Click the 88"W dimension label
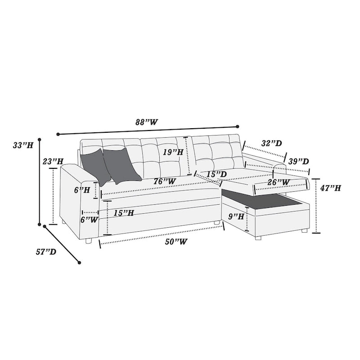pyautogui.click(x=147, y=122)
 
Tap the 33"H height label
pyautogui.click(x=23, y=145)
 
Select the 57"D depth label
pyautogui.click(x=46, y=252)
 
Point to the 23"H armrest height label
pyautogui.click(x=54, y=161)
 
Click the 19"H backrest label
pyautogui.click(x=173, y=152)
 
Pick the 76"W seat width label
pyautogui.click(x=164, y=181)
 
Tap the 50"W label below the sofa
pyautogui.click(x=176, y=242)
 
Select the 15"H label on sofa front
pyautogui.click(x=124, y=213)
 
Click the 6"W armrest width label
pyautogui.click(x=89, y=220)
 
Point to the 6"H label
pyautogui.click(x=82, y=190)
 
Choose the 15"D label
pyautogui.click(x=216, y=174)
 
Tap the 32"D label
pyautogui.click(x=271, y=144)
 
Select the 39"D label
pyautogui.click(x=298, y=161)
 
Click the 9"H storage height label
pyautogui.click(x=236, y=216)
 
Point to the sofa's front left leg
pyautogui.click(x=88, y=241)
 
